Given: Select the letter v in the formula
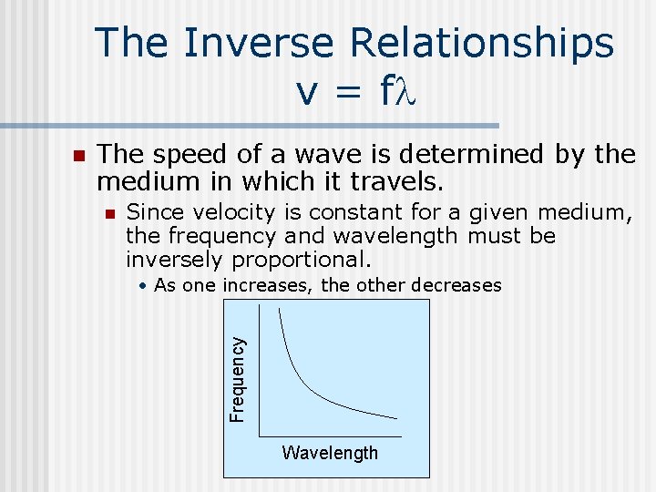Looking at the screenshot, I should pyautogui.click(x=304, y=89).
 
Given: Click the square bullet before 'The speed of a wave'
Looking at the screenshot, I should pyautogui.click(x=78, y=157).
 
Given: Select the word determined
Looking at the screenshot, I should pyautogui.click(x=436, y=156).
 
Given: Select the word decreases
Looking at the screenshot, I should pyautogui.click(x=456, y=285).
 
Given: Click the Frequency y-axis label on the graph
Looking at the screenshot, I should pyautogui.click(x=237, y=379).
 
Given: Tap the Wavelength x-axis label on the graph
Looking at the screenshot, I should pyautogui.click(x=330, y=453).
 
